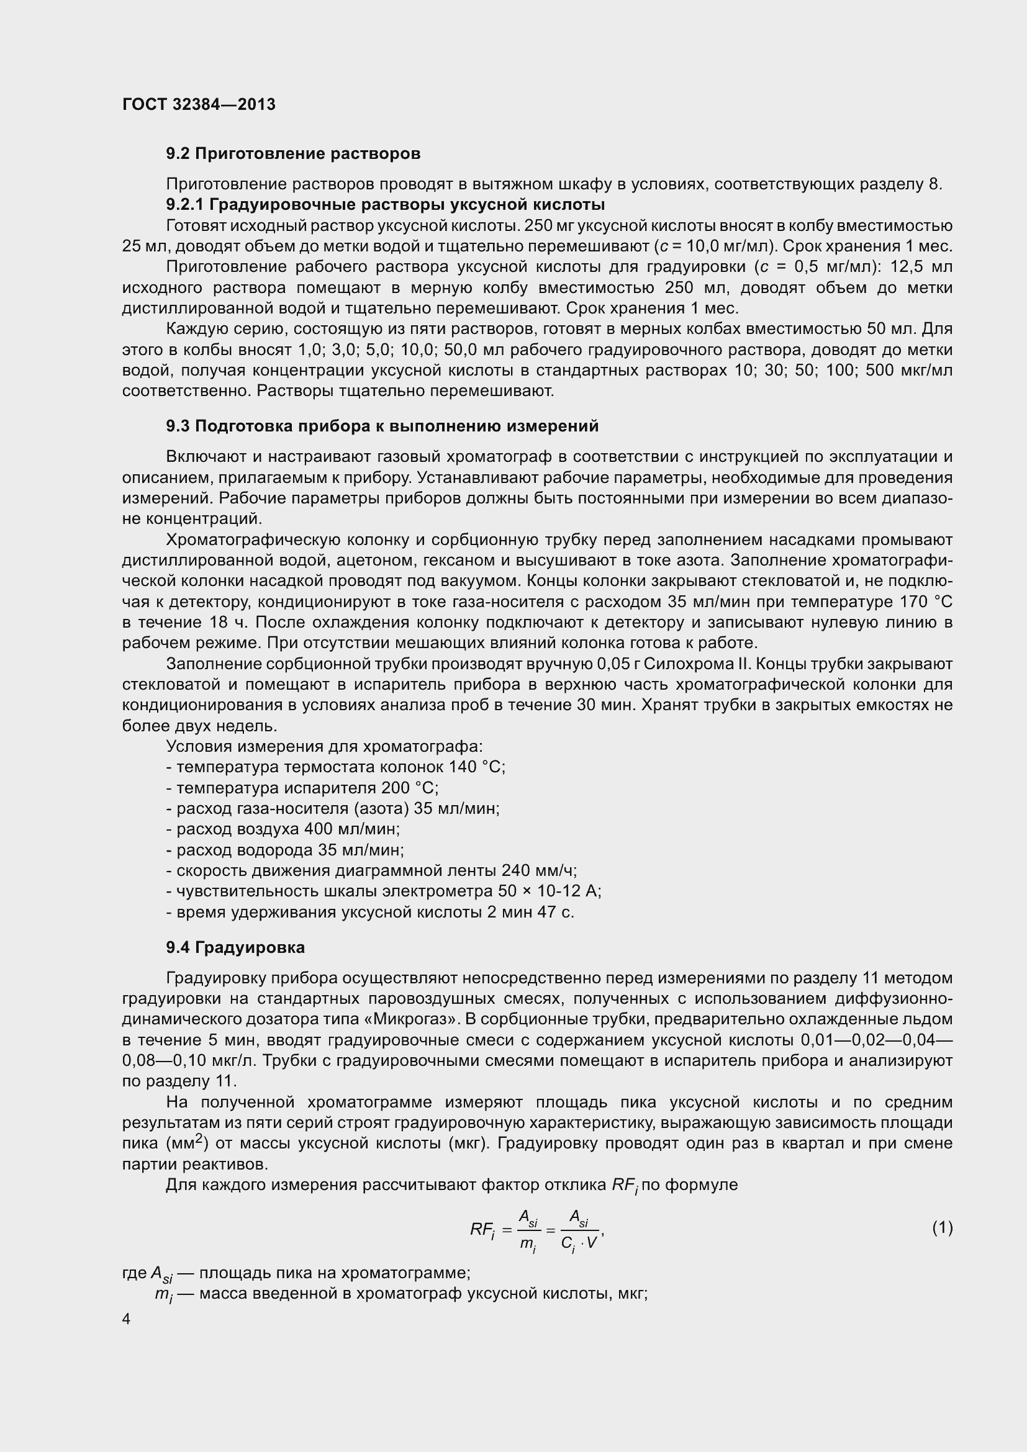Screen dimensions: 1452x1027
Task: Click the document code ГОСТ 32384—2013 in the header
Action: tap(199, 105)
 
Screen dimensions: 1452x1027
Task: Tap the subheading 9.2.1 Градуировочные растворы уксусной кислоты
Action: tap(385, 205)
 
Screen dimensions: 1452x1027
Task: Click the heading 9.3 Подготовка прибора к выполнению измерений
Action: tap(382, 426)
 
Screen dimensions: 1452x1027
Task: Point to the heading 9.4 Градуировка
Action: tap(235, 947)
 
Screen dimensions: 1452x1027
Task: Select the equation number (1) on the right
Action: tap(942, 1228)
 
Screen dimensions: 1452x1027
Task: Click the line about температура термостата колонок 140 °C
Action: tap(336, 767)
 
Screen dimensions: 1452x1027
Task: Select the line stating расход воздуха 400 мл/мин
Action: tap(283, 829)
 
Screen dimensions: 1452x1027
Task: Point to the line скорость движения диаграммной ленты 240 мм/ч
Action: tap(371, 871)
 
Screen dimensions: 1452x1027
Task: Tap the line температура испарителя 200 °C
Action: tap(302, 788)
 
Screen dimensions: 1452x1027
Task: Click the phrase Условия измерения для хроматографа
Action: tap(324, 746)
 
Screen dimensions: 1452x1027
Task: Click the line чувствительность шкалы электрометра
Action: tap(383, 891)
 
